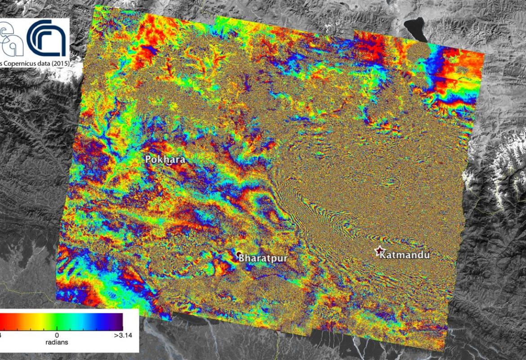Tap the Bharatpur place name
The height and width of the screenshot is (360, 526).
pos(263,258)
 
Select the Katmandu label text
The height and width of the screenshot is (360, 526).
pos(405,255)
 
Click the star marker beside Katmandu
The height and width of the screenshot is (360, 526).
pos(380,252)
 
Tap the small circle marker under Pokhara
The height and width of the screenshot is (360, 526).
pos(168,164)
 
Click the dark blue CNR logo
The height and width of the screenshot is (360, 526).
pos(47,39)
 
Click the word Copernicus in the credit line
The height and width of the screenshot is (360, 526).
pos(18,63)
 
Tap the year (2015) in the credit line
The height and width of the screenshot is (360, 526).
pos(59,63)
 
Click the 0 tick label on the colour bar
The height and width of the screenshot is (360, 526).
pos(57,335)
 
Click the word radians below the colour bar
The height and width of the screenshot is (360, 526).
pos(57,342)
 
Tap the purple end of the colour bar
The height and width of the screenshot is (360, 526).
pos(118,320)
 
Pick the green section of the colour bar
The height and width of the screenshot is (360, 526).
pos(63,320)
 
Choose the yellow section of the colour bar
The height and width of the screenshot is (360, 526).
pos(38,320)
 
